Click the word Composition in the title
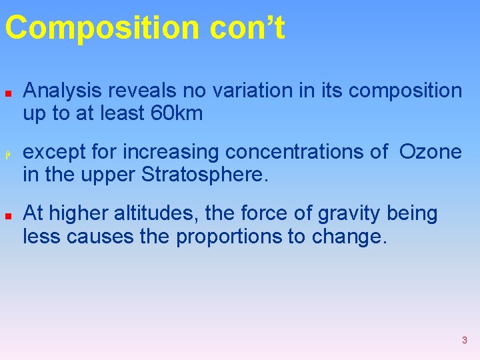(x=101, y=29)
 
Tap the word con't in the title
(x=247, y=29)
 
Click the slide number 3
(x=464, y=340)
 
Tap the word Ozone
(x=430, y=152)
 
